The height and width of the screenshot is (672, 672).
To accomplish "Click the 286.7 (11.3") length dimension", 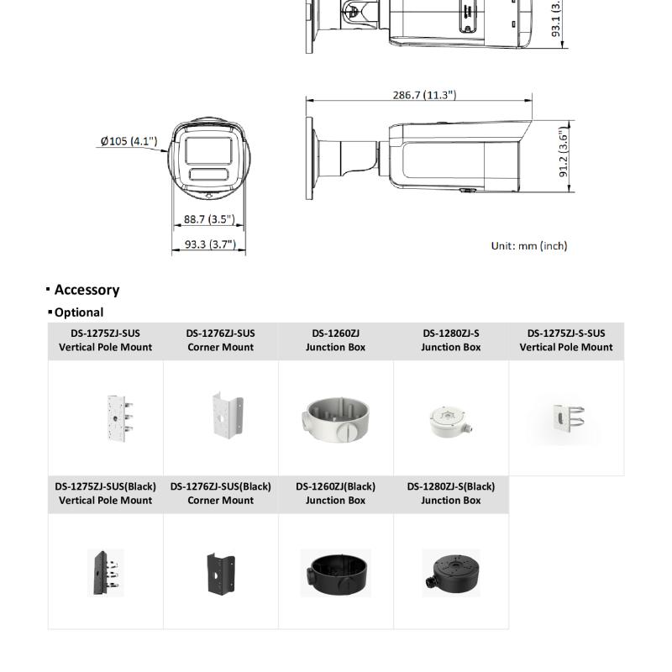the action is click(424, 95).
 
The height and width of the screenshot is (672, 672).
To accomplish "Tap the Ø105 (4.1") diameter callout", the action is click(129, 141).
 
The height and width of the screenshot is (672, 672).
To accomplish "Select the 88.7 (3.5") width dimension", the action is click(209, 219).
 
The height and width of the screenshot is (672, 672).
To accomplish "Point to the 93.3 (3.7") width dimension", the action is click(210, 244).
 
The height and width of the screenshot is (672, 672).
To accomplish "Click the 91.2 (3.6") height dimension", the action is click(564, 152).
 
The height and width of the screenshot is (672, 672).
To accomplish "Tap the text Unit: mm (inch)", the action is click(529, 246).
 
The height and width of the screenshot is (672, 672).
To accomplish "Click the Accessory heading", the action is click(87, 290).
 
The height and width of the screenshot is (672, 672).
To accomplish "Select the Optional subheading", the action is click(79, 312).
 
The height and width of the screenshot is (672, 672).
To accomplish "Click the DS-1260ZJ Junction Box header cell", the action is click(335, 340).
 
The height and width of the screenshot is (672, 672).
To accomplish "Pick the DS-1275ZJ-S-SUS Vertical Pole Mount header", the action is click(566, 340).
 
